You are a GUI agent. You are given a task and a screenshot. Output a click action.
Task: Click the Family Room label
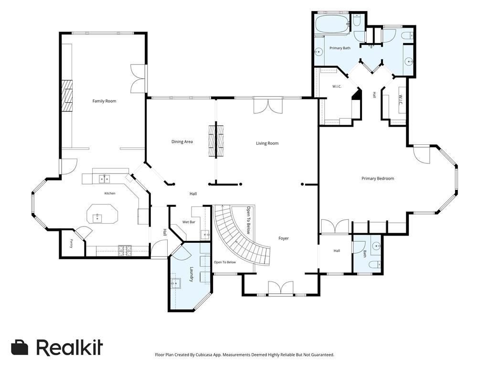[104, 101]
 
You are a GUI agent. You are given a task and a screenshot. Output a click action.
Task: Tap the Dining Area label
[182, 141]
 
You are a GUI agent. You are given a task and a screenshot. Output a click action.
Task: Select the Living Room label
[267, 143]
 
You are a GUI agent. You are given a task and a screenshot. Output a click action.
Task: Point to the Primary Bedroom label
[378, 179]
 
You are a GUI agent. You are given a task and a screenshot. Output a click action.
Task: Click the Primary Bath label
[340, 48]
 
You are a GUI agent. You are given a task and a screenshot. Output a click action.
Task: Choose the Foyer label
[284, 238]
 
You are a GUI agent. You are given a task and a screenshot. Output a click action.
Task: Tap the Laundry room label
[192, 274]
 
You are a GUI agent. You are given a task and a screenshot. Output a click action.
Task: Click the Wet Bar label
[189, 222]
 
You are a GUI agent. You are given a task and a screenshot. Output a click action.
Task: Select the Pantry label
[72, 243]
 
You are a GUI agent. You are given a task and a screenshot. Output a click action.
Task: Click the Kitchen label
[110, 194]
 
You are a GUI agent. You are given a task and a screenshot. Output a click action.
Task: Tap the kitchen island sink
[97, 217]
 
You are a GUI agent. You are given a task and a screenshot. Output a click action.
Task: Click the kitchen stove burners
[125, 251]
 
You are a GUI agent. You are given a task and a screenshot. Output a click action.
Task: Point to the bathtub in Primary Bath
[332, 24]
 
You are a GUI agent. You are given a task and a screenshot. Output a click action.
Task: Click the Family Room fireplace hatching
[67, 96]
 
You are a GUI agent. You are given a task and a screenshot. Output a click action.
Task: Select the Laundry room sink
[176, 284]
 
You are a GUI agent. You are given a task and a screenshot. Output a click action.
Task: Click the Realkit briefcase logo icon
[20, 347]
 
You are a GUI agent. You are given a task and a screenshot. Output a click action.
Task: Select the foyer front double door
[281, 288]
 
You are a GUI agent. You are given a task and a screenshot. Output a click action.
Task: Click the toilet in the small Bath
[375, 265]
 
